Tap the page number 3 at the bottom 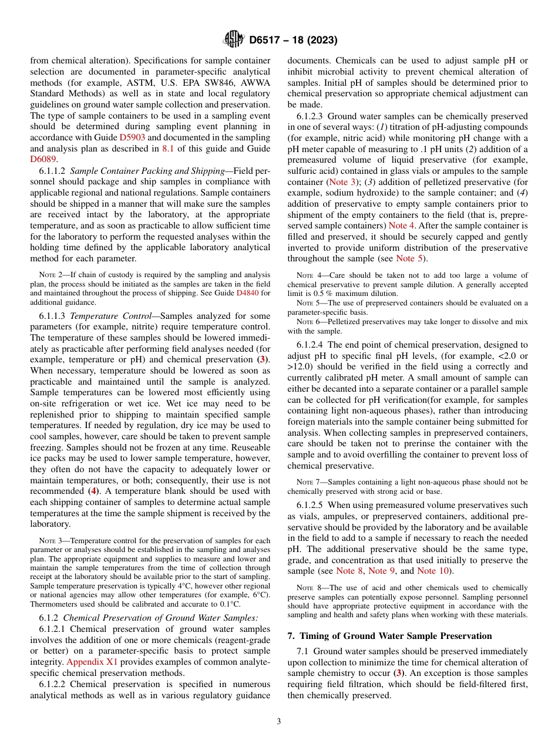pyautogui.click(x=278, y=722)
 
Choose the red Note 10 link pyautogui.click(x=434, y=570)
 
